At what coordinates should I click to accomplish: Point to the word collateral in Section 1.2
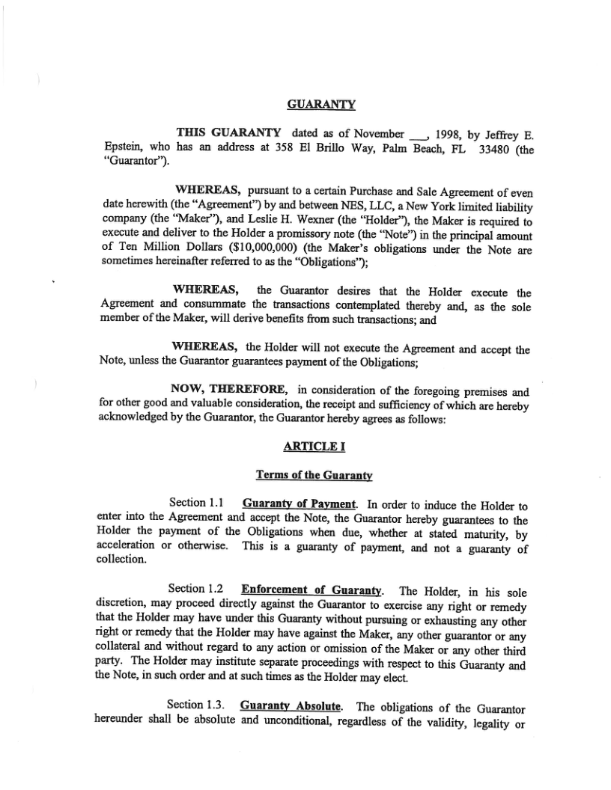tap(123, 652)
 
